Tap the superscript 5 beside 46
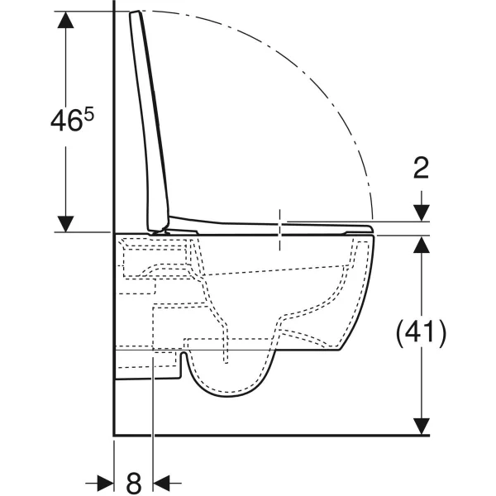[x=89, y=115]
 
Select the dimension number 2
[x=422, y=168]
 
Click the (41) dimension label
[x=422, y=333]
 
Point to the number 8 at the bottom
[x=133, y=484]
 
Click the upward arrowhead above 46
[x=66, y=20]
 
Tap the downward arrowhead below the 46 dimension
[x=66, y=224]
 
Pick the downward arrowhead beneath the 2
[x=422, y=213]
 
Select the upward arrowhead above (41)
[x=422, y=244]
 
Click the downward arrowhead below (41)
[x=422, y=427]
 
